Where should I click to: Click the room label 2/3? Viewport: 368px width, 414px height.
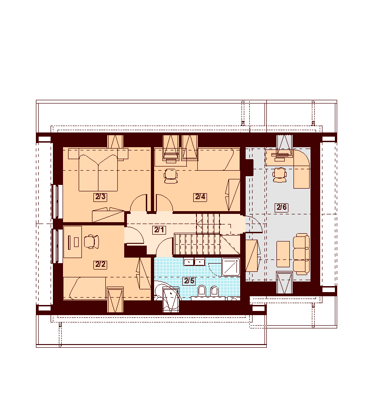point(100,197)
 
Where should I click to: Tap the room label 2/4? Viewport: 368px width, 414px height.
point(200,197)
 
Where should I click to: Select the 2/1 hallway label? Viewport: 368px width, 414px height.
point(159,230)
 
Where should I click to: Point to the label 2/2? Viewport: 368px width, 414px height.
point(100,264)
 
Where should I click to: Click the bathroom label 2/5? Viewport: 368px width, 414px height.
point(189,281)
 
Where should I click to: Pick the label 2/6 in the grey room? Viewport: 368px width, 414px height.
point(282,207)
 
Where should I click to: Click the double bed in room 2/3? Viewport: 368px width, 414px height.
point(98,172)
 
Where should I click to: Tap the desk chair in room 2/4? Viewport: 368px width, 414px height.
point(171,176)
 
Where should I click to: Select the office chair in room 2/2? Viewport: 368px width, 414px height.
point(92,241)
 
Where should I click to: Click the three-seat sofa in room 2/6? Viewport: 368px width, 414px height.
point(301,254)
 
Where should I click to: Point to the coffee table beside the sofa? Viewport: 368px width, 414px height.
point(283,254)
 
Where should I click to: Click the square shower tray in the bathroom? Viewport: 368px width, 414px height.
point(230,267)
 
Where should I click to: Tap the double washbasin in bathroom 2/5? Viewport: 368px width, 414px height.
point(194,262)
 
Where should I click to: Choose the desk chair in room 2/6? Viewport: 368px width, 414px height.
point(279,175)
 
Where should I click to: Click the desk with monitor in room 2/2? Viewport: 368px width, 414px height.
point(73,241)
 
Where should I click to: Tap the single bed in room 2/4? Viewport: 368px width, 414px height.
point(216,159)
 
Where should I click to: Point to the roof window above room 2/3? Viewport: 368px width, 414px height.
point(115,142)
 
